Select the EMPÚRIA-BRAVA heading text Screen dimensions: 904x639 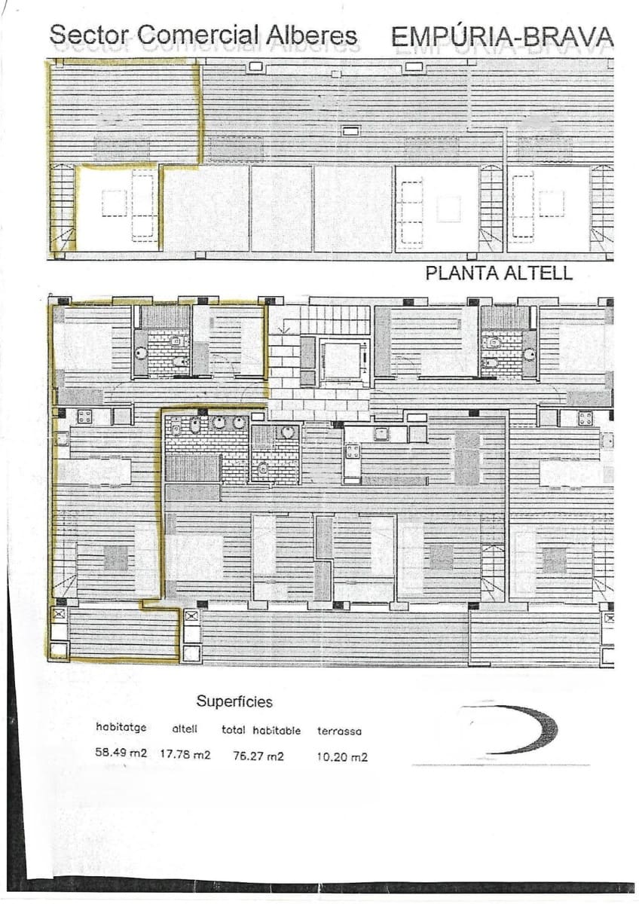tap(503, 35)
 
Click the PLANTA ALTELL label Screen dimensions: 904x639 tap(499, 273)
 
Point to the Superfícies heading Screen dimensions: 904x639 tap(234, 701)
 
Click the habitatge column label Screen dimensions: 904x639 tap(121, 728)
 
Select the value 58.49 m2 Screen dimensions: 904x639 tap(121, 753)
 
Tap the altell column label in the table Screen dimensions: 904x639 tap(185, 728)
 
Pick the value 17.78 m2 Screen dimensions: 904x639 tap(185, 754)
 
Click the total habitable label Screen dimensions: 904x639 tap(261, 730)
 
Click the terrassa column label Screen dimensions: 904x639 tap(339, 731)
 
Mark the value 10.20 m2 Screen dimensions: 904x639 tap(342, 757)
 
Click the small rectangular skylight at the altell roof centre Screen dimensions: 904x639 tap(350, 127)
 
